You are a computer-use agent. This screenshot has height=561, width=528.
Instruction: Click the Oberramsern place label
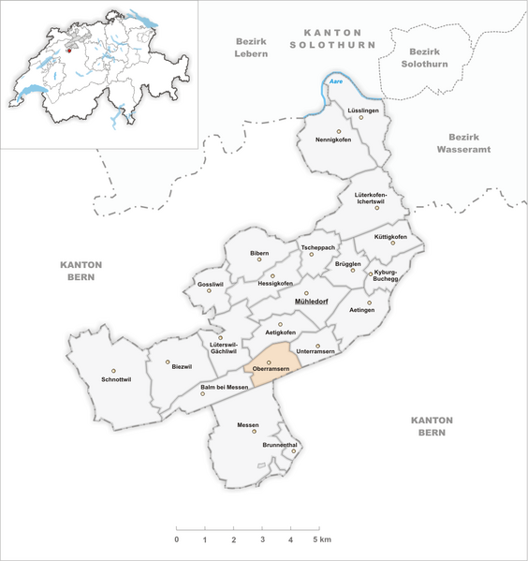[269, 371]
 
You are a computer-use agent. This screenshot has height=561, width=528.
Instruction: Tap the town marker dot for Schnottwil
[113, 371]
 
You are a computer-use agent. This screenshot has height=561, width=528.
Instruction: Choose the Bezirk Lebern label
[250, 49]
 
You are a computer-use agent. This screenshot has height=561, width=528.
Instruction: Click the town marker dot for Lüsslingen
[361, 118]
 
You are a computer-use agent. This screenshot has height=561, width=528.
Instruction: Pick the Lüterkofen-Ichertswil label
[377, 198]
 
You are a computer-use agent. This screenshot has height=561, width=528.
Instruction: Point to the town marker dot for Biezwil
[169, 362]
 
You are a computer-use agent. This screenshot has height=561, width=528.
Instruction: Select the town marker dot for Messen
[254, 432]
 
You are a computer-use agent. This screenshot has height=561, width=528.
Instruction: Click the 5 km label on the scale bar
[322, 541]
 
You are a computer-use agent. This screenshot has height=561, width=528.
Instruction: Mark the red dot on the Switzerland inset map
[68, 52]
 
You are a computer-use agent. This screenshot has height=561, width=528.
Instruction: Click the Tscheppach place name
[316, 247]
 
